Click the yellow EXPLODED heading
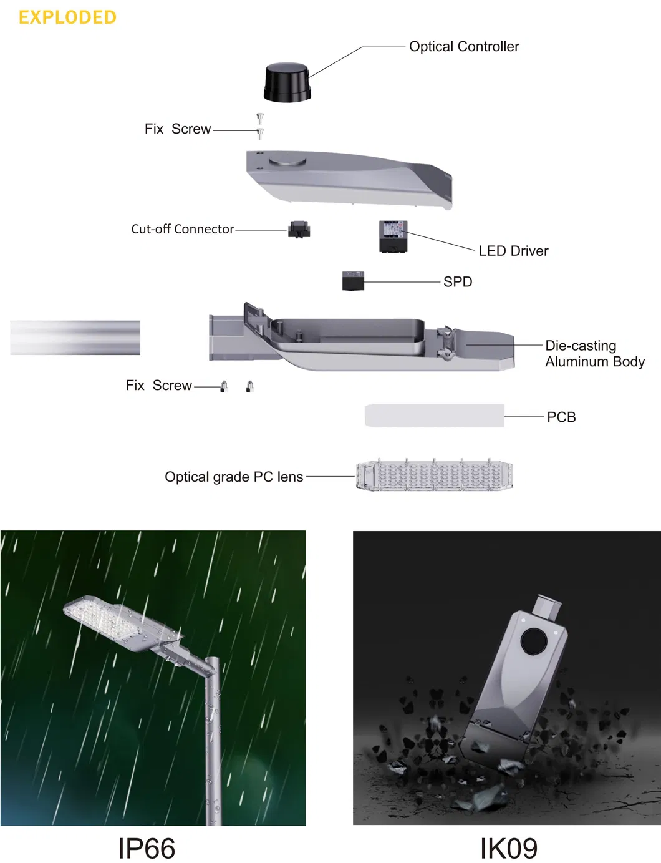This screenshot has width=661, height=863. point(67,17)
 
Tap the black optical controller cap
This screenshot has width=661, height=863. point(287,82)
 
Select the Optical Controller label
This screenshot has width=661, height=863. point(464,46)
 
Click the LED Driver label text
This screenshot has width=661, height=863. point(513,251)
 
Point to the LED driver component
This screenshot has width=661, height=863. point(393,236)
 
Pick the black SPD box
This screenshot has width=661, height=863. point(353,281)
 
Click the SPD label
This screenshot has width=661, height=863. point(458,282)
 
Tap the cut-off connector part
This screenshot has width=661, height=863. point(299,230)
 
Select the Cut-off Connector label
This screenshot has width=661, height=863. point(183,229)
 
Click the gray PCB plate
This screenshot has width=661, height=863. point(435,416)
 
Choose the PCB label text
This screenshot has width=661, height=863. point(561,417)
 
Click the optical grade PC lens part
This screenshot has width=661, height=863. point(435,475)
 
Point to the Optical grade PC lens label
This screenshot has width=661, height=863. point(234,477)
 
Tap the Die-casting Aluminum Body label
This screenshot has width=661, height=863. point(595,353)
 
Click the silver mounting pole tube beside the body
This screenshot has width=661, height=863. point(75,338)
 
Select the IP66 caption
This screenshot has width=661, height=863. point(147,849)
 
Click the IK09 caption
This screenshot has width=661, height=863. point(509,849)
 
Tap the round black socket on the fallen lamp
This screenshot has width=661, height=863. point(533,640)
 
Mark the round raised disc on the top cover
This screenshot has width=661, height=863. point(287,161)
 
